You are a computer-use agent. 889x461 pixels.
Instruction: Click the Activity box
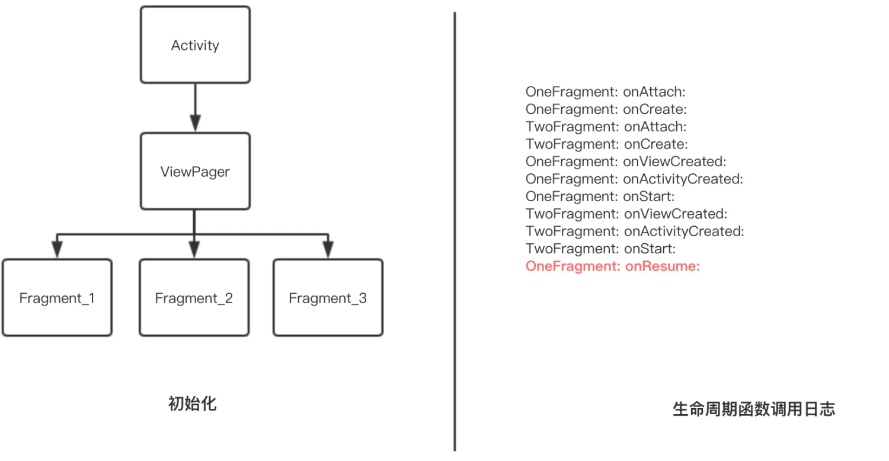tap(195, 45)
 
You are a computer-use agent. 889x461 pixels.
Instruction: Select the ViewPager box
tap(195, 171)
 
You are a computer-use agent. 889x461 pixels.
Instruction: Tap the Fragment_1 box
tap(57, 298)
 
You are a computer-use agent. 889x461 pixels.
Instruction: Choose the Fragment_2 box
tap(194, 298)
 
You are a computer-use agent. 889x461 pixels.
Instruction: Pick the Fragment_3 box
tap(328, 298)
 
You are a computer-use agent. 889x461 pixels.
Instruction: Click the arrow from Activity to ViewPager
tap(195, 107)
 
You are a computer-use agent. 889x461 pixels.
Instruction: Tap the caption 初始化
tap(193, 404)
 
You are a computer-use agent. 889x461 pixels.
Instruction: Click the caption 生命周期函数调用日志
tap(754, 409)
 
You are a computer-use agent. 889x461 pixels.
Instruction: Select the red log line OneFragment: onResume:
tap(613, 266)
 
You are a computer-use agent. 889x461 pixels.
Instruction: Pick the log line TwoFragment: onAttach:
tap(606, 127)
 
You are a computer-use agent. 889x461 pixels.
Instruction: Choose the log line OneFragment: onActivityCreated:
tap(634, 179)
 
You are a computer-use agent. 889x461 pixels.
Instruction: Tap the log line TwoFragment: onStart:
tap(600, 249)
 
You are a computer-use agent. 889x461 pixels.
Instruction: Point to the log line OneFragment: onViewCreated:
tap(626, 161)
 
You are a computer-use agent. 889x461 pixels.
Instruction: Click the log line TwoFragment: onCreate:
tap(606, 144)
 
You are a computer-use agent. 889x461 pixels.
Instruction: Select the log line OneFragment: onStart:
tap(600, 196)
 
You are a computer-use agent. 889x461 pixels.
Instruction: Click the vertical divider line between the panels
tap(455, 231)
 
